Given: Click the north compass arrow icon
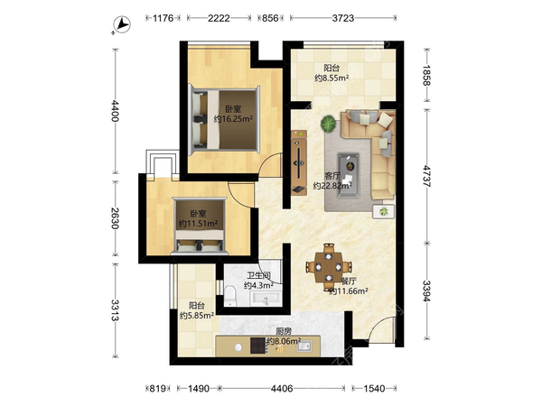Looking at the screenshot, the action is point(121,25).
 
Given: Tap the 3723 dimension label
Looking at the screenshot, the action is point(343,18).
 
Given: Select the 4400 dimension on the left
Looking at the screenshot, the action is point(115,110).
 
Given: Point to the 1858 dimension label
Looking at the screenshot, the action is point(427,75).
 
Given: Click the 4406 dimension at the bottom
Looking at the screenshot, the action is point(282,389).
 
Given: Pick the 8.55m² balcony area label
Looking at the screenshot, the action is point(332,78).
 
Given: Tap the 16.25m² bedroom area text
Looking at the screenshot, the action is point(233,119).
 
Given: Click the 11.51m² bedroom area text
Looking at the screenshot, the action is point(198,224).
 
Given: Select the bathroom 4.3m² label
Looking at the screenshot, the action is point(258,285).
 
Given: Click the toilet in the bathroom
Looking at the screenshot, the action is point(229,296).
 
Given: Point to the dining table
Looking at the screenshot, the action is point(329,267).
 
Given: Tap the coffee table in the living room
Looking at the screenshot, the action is point(349,176).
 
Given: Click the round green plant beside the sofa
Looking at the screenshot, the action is point(329,124).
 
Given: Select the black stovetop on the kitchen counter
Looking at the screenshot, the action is point(257,346).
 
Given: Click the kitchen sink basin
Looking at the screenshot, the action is point(304,346).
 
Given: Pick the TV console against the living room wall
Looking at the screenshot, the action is point(299,162).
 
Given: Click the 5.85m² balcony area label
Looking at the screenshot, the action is point(197,316).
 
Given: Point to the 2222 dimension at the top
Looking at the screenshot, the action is point(219,18).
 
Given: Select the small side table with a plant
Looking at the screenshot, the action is point(384,211).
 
